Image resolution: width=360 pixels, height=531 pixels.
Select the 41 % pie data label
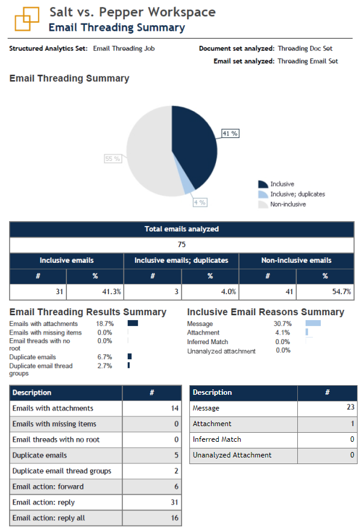click(230, 133)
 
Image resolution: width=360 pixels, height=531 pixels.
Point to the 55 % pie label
click(113, 159)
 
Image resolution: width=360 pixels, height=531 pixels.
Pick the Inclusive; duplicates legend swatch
click(262, 194)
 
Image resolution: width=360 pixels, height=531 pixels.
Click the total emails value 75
click(182, 245)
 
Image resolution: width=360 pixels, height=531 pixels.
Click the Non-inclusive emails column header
click(295, 260)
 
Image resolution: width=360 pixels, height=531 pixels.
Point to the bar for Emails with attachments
click(133, 324)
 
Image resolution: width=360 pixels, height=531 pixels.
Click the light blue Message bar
click(312, 324)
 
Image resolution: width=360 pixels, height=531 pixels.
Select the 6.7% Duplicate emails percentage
click(104, 357)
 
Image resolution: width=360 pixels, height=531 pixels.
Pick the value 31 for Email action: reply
click(174, 502)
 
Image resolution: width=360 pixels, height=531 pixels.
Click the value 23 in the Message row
click(350, 408)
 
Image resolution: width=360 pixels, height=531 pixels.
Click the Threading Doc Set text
click(305, 48)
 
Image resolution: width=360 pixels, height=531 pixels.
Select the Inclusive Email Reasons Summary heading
click(265, 312)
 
